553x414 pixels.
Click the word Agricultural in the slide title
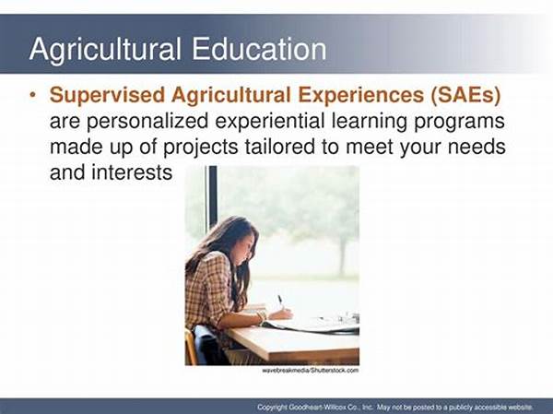pos(105,50)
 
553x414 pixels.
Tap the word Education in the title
pos(259,49)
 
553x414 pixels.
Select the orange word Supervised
pos(107,96)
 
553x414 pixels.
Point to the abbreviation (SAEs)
pos(465,96)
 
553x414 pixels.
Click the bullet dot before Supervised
pos(33,95)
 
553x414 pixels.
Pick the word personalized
pos(147,122)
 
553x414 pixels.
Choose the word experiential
pos(270,122)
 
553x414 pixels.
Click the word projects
pos(200,148)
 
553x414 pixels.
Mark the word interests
pos(132,172)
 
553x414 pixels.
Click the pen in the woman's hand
pos(281,302)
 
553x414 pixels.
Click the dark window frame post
pos(212,198)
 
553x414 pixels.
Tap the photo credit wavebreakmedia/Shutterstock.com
pos(311,371)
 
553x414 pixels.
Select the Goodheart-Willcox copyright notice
pos(395,407)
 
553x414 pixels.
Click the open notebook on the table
pos(311,325)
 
